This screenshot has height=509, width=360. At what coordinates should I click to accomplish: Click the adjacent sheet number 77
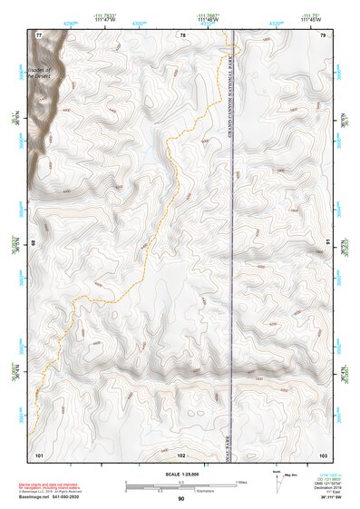tap(39, 35)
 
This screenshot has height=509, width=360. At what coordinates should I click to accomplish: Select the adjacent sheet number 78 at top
tap(182, 35)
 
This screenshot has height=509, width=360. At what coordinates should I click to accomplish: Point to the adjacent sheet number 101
tap(39, 453)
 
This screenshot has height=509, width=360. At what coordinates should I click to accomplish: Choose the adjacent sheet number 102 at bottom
tap(181, 453)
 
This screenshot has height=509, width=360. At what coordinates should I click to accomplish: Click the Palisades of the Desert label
tap(41, 73)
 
